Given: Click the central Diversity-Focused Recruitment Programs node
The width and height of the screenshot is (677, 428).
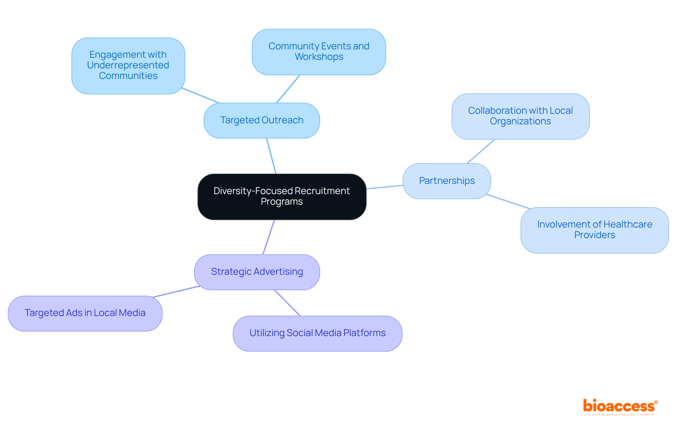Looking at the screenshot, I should (x=282, y=197).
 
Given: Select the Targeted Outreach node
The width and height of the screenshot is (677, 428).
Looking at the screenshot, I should (x=262, y=120).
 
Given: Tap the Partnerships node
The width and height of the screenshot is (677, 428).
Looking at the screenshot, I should (x=447, y=181).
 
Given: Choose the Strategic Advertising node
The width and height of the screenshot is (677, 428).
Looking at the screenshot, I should (x=257, y=272).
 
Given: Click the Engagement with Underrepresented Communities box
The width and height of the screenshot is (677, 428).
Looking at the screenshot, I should (x=128, y=66).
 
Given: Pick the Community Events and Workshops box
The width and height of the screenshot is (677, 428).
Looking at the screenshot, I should (x=319, y=52).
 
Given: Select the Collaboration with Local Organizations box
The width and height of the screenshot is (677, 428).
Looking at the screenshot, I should (x=520, y=116).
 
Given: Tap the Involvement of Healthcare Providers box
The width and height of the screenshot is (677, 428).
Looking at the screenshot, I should (x=594, y=230).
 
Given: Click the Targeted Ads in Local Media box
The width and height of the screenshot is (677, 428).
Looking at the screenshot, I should (x=85, y=313).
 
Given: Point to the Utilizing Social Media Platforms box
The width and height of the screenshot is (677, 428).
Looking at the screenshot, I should (x=317, y=333).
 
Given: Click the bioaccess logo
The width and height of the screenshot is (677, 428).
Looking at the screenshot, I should (x=620, y=407).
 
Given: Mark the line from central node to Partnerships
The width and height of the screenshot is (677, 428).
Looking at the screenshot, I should (x=385, y=187).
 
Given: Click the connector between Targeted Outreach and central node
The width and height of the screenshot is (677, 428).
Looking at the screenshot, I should (x=271, y=156).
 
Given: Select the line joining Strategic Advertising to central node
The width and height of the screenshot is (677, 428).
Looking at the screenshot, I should (x=269, y=237).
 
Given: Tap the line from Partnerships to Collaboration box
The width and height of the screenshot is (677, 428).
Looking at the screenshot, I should (x=481, y=151).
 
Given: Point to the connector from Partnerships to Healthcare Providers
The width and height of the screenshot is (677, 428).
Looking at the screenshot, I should (x=508, y=201).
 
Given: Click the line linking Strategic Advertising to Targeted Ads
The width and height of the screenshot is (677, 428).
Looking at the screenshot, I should (x=176, y=291).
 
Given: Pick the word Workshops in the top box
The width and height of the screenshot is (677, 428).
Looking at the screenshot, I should (x=319, y=57).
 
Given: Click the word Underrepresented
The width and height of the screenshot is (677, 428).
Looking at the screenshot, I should (x=128, y=65).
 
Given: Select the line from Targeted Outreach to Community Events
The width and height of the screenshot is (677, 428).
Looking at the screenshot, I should (x=288, y=89).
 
